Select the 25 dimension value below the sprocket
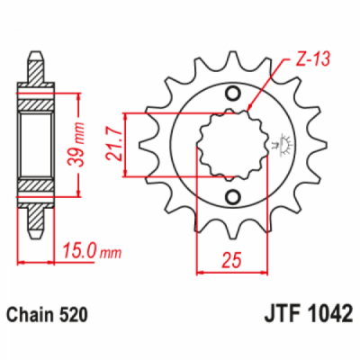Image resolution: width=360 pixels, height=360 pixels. (x=233, y=261)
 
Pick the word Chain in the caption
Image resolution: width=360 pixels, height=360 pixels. (x=31, y=316)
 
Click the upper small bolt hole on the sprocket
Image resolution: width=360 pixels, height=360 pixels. (x=233, y=94)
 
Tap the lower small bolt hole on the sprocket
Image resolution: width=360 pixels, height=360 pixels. (x=233, y=197)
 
